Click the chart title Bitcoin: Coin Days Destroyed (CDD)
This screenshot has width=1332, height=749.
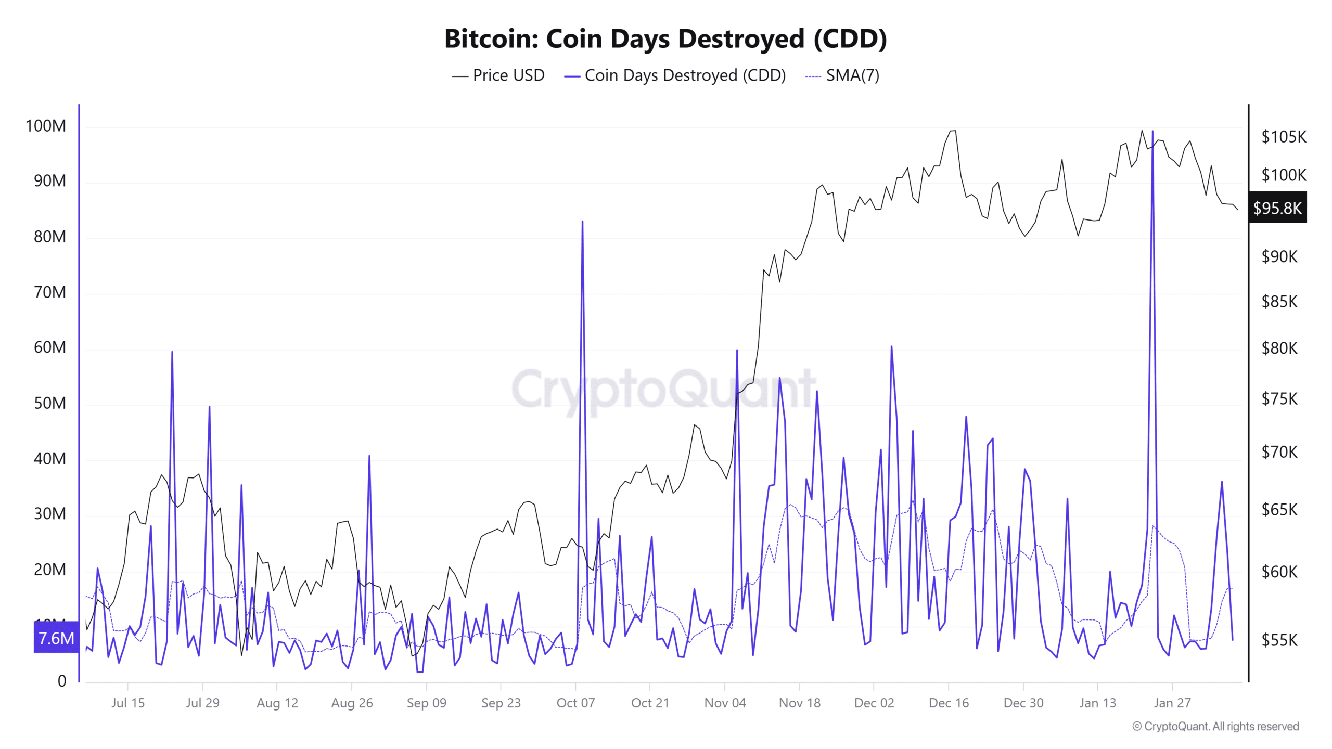(x=665, y=39)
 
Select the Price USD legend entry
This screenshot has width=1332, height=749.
(x=498, y=75)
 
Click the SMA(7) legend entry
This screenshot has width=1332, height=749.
(x=842, y=75)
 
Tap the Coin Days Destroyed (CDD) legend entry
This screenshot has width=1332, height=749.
(x=675, y=75)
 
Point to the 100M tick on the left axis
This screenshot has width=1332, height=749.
(x=46, y=126)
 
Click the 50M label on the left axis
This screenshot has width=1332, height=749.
(x=50, y=403)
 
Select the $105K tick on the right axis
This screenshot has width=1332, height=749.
(x=1283, y=137)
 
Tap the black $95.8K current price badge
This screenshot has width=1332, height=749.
(x=1277, y=208)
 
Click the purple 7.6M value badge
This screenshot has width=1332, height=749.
(x=56, y=638)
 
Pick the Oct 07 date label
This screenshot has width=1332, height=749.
(x=575, y=703)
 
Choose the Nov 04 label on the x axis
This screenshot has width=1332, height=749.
(x=724, y=703)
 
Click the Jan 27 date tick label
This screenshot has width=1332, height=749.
(x=1172, y=703)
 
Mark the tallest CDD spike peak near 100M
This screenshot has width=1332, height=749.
(x=1152, y=132)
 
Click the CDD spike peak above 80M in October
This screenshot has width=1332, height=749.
(x=582, y=222)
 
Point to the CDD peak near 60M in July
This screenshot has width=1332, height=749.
(x=172, y=352)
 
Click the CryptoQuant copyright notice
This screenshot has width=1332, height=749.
(x=1215, y=726)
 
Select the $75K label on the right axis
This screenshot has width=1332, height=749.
(x=1279, y=399)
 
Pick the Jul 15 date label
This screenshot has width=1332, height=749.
(x=128, y=703)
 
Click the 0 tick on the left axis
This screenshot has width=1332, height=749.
(x=62, y=681)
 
